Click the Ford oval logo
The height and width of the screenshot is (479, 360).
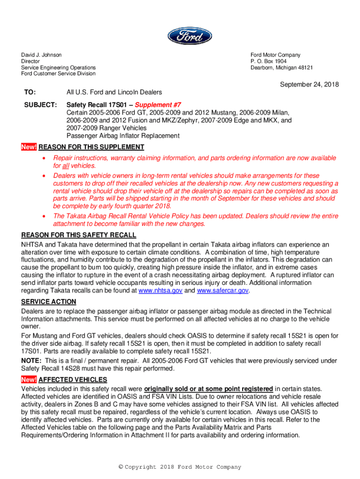pyautogui.click(x=189, y=36)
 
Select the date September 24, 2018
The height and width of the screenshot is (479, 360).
pyautogui.click(x=309, y=85)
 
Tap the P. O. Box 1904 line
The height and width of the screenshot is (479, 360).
pyautogui.click(x=269, y=61)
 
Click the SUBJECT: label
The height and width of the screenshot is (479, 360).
pyautogui.click(x=41, y=106)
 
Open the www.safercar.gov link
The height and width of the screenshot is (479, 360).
pyautogui.click(x=223, y=290)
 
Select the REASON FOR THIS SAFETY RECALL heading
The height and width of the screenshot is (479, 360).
pyautogui.click(x=79, y=235)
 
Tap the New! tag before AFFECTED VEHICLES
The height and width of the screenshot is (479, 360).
pyautogui.click(x=29, y=380)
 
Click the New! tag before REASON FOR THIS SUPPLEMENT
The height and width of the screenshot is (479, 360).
pyautogui.click(x=29, y=147)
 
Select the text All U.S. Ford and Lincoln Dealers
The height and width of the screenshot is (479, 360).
pyautogui.click(x=114, y=92)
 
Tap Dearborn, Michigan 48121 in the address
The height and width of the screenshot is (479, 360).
pyautogui.click(x=282, y=67)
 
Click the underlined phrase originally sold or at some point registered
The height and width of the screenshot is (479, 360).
pyautogui.click(x=209, y=389)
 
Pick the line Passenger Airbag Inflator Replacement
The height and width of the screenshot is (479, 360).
pyautogui.click(x=123, y=136)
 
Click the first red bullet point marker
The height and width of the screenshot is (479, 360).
pyautogui.click(x=44, y=158)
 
